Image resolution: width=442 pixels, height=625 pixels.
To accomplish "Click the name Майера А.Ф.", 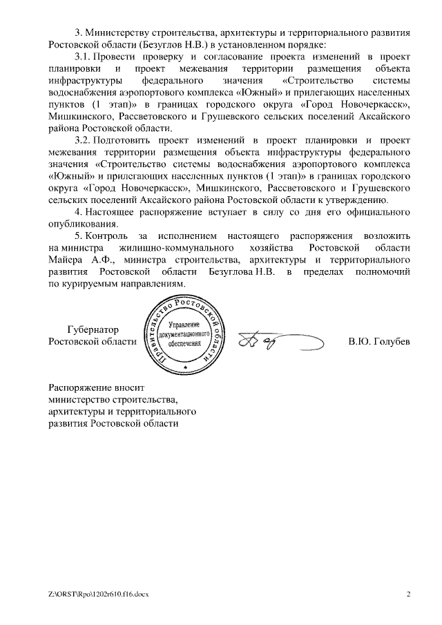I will [x=76, y=260].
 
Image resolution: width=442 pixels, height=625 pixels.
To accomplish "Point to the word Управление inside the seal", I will [x=183, y=324].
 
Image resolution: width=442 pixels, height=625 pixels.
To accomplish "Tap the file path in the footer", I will [x=99, y=593].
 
